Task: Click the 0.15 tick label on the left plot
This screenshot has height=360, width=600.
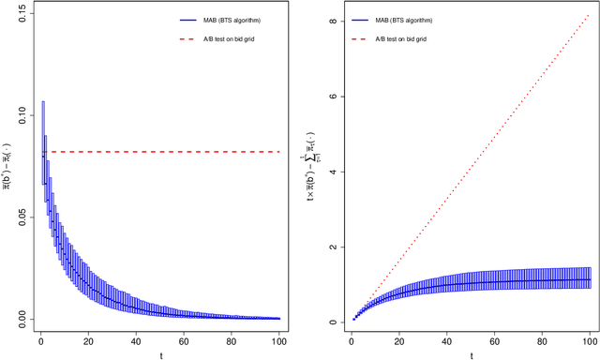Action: tap(21, 14)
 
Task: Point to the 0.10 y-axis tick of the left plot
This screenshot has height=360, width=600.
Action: tap(21, 115)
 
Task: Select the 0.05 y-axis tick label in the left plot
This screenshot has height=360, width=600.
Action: tap(21, 217)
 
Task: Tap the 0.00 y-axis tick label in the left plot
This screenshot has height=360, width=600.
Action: tap(21, 319)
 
